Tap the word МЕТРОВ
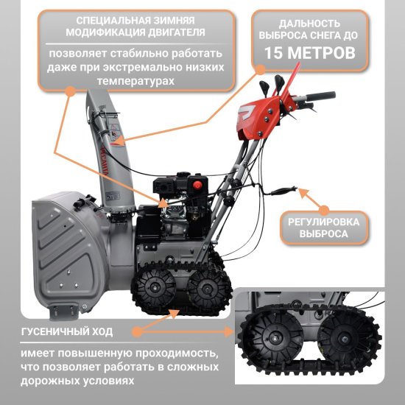point(321,53)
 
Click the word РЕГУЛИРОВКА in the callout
point(324,222)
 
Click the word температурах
point(136,81)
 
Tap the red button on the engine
point(198,184)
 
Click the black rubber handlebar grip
point(320,96)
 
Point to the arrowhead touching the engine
point(163,203)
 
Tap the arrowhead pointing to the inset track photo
point(228,332)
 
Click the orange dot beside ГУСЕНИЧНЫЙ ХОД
point(137,332)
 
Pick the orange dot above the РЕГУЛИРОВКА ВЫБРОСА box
point(325,210)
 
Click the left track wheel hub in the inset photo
point(273,338)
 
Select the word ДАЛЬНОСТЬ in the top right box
point(309,24)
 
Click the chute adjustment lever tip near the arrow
point(294,189)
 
